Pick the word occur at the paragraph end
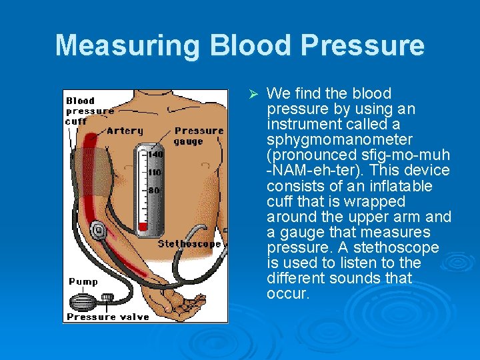(288, 294)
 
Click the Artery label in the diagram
(125, 131)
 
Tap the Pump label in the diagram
(83, 282)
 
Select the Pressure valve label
(108, 317)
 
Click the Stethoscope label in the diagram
(189, 244)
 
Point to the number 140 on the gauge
(155, 155)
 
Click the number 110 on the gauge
(155, 172)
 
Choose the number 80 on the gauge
(154, 190)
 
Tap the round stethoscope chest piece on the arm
(98, 231)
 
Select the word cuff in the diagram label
(75, 121)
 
